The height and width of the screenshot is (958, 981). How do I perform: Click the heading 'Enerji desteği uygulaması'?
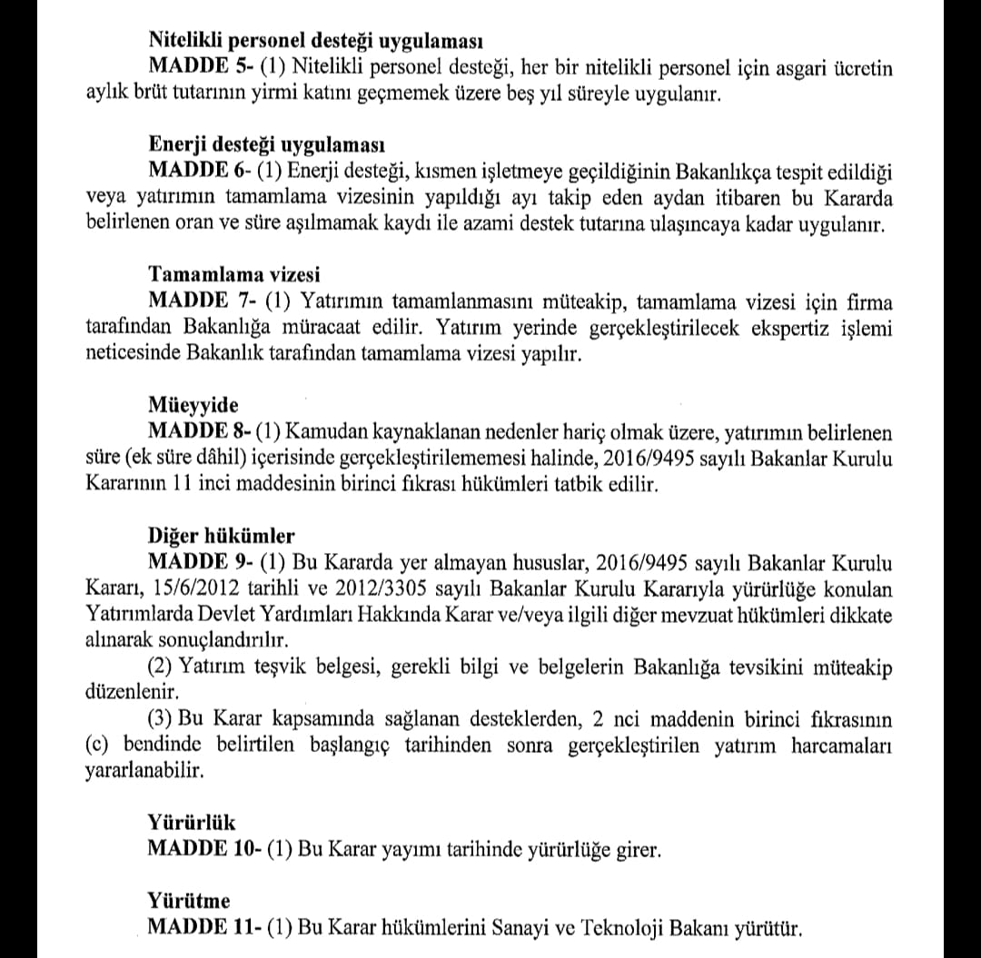[266, 146]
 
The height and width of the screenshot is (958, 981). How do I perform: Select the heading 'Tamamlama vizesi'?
[233, 276]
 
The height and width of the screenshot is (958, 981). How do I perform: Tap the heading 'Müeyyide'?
[193, 406]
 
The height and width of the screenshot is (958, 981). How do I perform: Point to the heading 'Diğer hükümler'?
[221, 536]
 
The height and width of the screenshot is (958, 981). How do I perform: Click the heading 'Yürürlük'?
[192, 823]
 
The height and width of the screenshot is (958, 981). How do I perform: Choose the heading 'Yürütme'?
[189, 902]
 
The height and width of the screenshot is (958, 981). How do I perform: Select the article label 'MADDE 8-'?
[201, 432]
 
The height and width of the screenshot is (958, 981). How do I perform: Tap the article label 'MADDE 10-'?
[205, 850]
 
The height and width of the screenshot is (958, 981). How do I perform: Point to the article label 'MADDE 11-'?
[205, 929]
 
